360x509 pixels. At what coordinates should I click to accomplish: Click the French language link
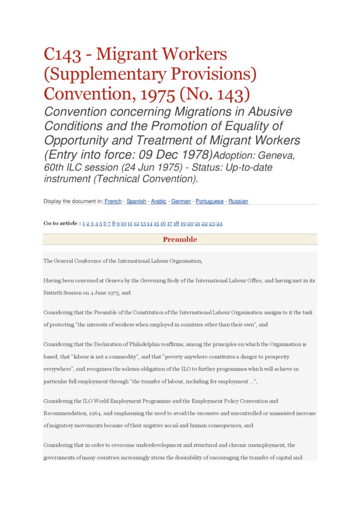point(113,201)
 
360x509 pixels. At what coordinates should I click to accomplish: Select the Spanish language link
point(136,201)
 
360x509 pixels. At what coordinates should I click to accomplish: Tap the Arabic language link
point(159,201)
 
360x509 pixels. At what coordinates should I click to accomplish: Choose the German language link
point(181,201)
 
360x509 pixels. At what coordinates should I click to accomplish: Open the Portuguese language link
point(209,201)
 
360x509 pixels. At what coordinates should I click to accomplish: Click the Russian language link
point(238,201)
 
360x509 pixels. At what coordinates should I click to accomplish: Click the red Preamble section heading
point(180,240)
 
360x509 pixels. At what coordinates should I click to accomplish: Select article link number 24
point(219,224)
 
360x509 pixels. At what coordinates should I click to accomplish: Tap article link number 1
point(84,224)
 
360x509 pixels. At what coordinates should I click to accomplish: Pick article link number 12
point(136,224)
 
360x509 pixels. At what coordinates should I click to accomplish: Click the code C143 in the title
point(62,54)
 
